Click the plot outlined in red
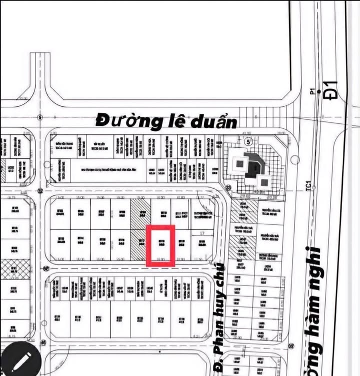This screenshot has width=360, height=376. click(160, 245)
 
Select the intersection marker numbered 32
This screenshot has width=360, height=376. click(40, 190)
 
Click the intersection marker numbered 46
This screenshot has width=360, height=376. click(43, 343)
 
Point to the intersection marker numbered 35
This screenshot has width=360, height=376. click(291, 346)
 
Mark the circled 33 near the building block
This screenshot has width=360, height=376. click(228, 188)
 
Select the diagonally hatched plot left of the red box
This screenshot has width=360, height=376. click(137, 229)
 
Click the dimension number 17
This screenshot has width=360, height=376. click(202, 233)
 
